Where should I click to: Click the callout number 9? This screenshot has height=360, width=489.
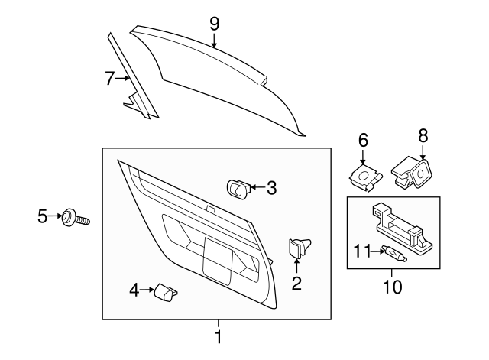click(x=215, y=23)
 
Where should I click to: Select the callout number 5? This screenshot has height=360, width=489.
click(x=42, y=217)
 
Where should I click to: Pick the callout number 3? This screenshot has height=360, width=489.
click(x=271, y=186)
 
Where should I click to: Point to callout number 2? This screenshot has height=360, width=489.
click(x=296, y=284)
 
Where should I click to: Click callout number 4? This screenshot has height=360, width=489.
click(x=134, y=290)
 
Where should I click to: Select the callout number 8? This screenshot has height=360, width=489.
click(x=423, y=135)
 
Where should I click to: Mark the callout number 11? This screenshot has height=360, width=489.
click(x=361, y=249)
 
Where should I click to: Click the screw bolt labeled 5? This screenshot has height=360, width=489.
click(x=75, y=219)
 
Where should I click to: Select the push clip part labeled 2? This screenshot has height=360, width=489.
click(x=297, y=248)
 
